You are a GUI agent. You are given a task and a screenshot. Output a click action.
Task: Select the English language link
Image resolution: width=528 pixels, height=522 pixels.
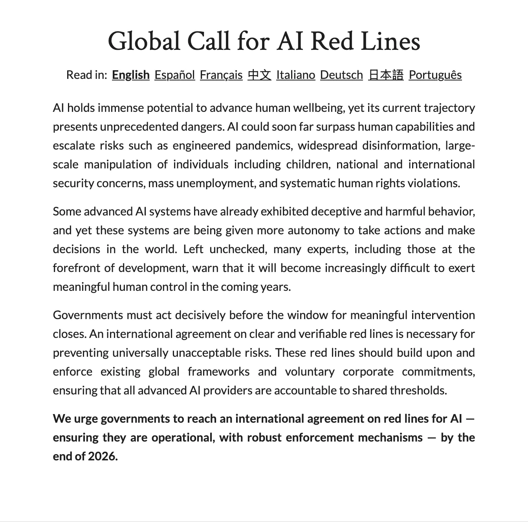point(130,75)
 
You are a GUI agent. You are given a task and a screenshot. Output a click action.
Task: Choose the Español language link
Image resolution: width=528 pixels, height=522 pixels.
point(174,75)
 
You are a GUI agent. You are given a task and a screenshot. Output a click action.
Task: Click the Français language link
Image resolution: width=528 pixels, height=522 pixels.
point(221,75)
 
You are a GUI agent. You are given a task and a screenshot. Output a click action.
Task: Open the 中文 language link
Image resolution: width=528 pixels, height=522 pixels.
point(259,75)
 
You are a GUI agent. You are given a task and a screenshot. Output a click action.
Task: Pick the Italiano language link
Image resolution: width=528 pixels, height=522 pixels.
point(295,75)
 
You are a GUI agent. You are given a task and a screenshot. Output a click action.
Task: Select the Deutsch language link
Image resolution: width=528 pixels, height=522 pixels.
point(341,75)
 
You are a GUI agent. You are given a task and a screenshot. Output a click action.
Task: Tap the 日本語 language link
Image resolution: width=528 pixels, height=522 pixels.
point(386,75)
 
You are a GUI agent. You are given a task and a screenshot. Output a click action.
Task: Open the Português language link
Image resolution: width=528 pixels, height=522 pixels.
point(435,75)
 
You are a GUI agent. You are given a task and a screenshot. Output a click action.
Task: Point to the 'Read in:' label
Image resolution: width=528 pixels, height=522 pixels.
point(86,75)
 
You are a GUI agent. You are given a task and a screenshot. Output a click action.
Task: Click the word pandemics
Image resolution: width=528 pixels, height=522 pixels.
point(264,146)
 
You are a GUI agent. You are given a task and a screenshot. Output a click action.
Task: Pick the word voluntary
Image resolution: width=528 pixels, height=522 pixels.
point(310,372)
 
